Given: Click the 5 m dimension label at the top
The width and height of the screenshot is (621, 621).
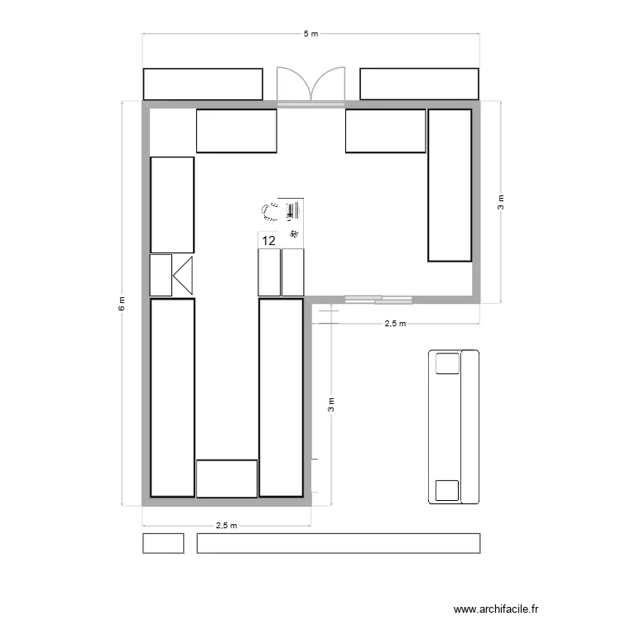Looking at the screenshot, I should [x=310, y=34].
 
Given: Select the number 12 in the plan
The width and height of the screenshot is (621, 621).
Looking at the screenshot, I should [x=268, y=241].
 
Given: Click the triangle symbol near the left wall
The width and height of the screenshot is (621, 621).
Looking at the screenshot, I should [x=183, y=275].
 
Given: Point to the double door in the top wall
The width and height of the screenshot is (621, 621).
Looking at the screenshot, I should [x=310, y=85].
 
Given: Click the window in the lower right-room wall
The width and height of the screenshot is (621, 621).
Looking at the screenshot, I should [x=378, y=298].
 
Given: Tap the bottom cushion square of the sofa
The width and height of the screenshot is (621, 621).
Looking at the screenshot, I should [x=447, y=490].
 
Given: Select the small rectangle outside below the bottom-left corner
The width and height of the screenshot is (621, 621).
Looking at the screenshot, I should [x=163, y=543].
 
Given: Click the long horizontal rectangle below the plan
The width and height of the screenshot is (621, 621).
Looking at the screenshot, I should [x=338, y=543].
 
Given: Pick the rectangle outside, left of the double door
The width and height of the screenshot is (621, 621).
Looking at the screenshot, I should [x=203, y=84].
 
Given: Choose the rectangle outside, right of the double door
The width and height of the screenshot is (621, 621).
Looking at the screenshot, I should [x=419, y=84].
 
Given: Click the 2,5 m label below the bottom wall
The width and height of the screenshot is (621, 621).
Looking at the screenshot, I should [x=226, y=525].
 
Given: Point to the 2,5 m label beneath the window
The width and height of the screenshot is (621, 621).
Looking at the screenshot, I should [x=396, y=324].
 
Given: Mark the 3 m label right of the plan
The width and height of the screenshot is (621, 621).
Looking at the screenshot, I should [x=500, y=201].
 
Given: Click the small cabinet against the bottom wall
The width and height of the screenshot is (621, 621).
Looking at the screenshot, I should [x=226, y=478].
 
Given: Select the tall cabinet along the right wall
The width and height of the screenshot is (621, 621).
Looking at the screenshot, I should [x=450, y=185].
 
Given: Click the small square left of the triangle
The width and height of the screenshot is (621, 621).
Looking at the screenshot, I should [x=160, y=275].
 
